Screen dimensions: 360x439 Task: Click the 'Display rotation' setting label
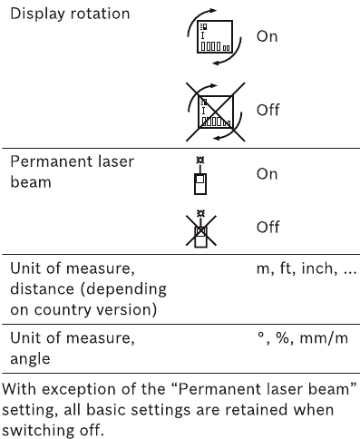[69, 16]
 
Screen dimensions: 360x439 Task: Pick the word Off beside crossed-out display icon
[268, 111]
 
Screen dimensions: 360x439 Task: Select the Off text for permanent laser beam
[268, 227]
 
